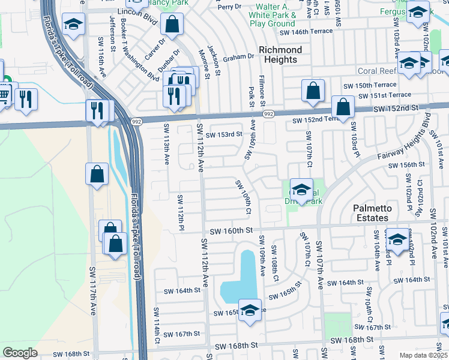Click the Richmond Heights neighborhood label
click(x=280, y=55)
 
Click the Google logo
click(x=20, y=353)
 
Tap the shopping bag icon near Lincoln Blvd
click(x=172, y=25)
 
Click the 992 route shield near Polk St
click(x=268, y=114)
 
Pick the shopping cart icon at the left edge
click(x=4, y=94)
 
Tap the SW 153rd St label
click(x=223, y=134)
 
